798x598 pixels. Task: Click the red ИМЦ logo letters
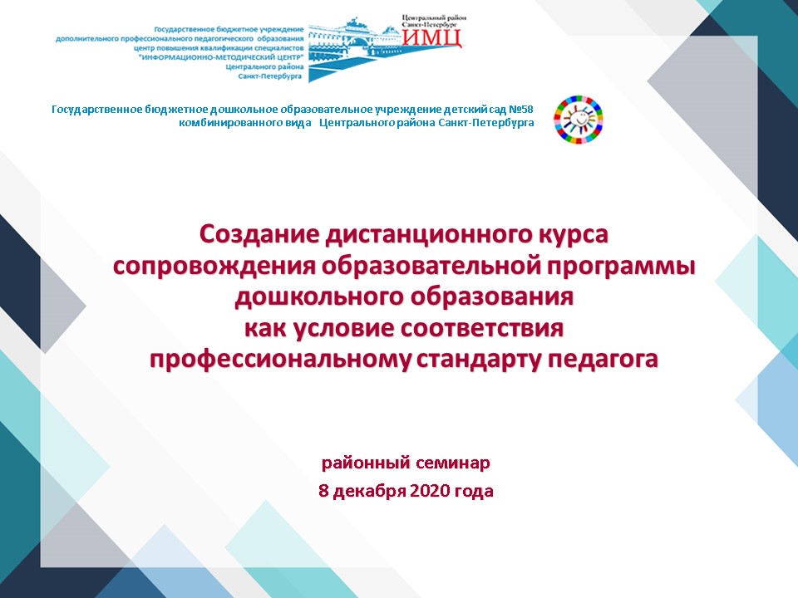[x=432, y=37]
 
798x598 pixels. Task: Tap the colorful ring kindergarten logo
[x=579, y=119]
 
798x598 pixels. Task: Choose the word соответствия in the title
[x=481, y=329]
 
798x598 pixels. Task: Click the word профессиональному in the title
[x=279, y=360]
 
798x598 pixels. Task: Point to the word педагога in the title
[x=603, y=360]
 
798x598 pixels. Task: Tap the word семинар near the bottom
[x=453, y=463]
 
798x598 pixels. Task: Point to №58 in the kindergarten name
[x=520, y=110]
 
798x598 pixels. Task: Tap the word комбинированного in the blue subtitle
[x=244, y=123]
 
